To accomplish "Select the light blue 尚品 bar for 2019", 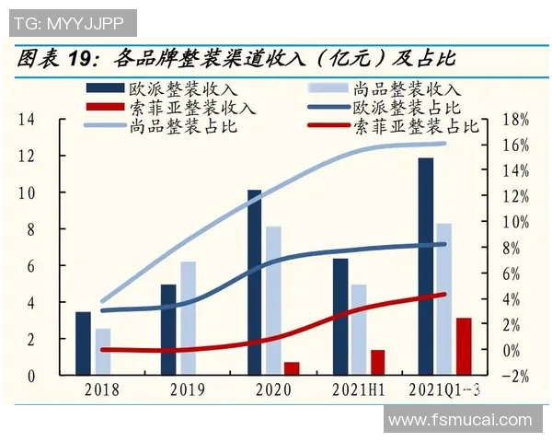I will [x=189, y=318].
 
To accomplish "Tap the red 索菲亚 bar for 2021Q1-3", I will [x=464, y=346].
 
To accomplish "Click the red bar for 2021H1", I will [x=377, y=362].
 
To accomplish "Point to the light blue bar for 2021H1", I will [x=359, y=329].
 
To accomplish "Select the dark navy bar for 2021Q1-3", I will [x=425, y=266].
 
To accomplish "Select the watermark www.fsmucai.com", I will [x=460, y=420].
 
